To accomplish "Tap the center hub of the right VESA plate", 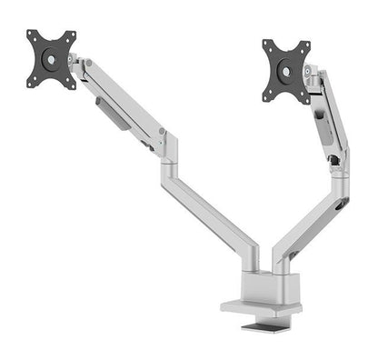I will [286, 67].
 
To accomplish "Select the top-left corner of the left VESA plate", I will [31, 34].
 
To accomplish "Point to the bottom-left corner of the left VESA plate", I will [30, 84].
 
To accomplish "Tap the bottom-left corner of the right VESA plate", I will [266, 96].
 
